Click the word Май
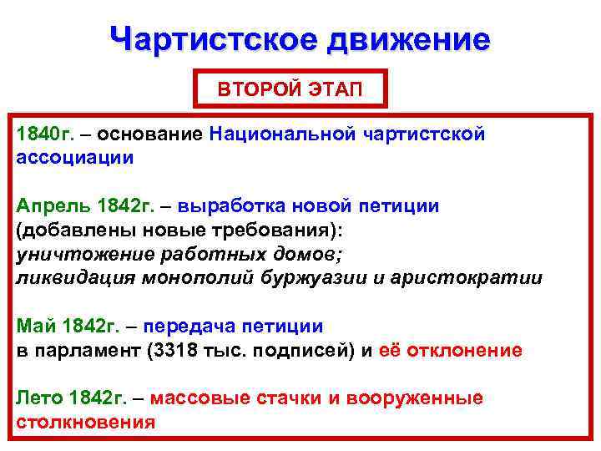click(33, 327)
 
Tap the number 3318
click(172, 351)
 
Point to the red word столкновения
click(86, 422)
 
